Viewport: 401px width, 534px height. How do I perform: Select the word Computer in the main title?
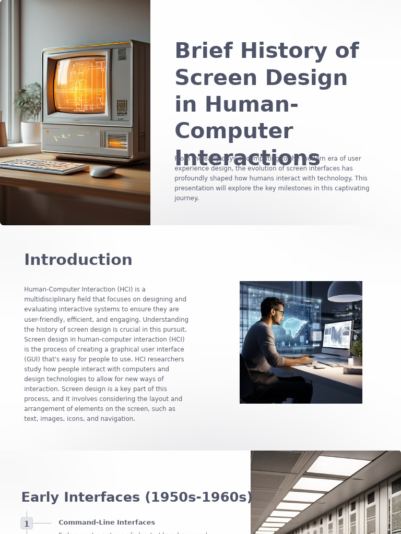click(233, 131)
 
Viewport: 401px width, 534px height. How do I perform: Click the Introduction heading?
click(78, 260)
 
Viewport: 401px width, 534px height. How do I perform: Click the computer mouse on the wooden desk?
click(102, 172)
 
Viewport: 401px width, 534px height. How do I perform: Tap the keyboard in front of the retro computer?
click(44, 166)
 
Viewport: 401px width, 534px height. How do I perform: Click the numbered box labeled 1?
click(27, 524)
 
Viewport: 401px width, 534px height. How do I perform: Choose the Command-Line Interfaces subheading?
click(107, 523)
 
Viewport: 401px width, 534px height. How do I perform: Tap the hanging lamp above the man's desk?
click(345, 292)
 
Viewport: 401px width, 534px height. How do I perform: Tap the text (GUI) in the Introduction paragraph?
click(33, 359)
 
